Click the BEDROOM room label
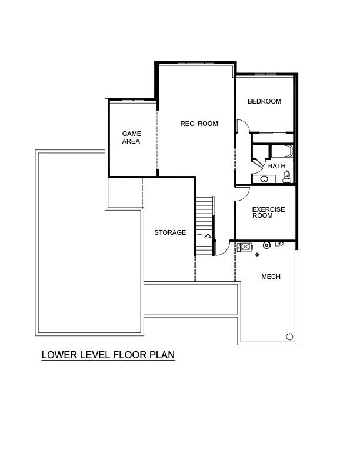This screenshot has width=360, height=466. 264,101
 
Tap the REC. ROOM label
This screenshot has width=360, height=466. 199,124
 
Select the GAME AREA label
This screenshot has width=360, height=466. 131,138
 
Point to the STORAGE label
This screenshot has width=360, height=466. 170,232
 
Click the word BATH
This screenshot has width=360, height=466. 276,166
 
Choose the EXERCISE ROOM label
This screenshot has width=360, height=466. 268,212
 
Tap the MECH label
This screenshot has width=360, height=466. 271,277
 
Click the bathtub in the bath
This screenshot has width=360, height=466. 281,152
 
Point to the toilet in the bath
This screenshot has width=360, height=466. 287,177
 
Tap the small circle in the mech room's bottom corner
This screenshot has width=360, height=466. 289,337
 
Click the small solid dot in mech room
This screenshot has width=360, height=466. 257,255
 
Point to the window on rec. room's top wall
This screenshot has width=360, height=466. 195,62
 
